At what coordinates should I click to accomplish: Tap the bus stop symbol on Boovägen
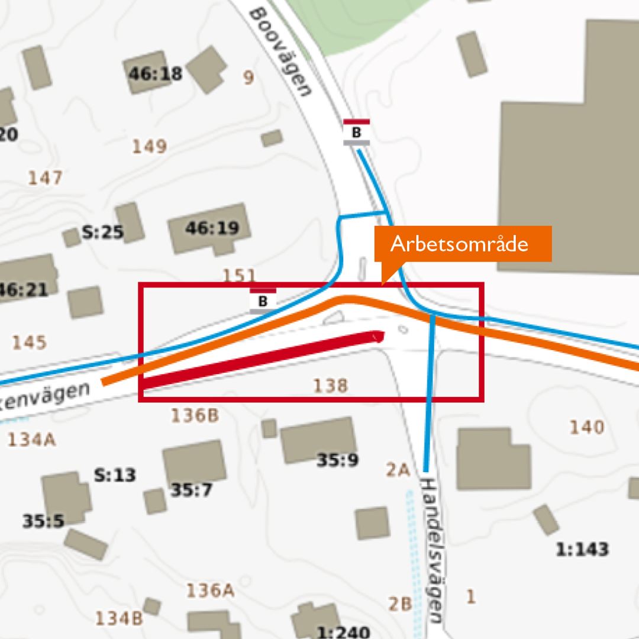point(356,133)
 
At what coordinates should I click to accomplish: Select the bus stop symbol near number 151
point(263,301)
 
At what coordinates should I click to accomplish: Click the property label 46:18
point(156,74)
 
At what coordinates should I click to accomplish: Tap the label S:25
point(102,233)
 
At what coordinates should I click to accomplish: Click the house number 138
point(330,386)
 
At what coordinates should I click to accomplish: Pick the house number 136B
point(195,416)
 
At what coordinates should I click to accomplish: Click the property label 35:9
point(337,460)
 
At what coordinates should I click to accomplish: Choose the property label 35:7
point(192,490)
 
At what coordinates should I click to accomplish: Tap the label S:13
point(115,475)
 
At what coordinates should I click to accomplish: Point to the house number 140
point(586,427)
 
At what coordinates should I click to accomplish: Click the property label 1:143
point(582,550)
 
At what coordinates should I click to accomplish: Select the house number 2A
point(398,470)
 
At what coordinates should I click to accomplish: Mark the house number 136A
point(211,590)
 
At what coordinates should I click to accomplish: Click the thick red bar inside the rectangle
point(260,360)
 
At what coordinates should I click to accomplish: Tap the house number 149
point(149,146)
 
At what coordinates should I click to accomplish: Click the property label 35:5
point(43,521)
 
